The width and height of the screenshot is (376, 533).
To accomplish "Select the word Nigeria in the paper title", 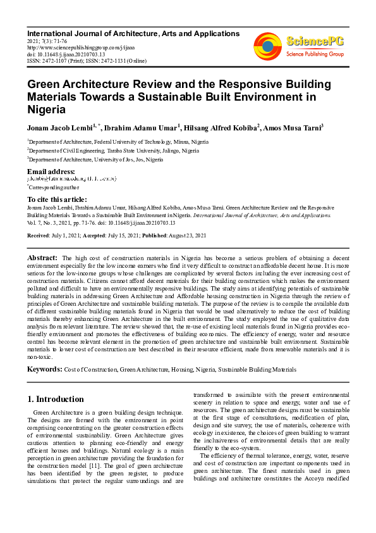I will [x=46, y=109].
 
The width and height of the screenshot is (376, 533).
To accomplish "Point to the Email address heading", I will [x=51, y=172].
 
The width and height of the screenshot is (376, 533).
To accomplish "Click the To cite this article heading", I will [x=57, y=199].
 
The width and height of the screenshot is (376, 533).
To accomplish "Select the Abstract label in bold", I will [x=42, y=258].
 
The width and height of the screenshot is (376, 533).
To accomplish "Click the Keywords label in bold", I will [x=44, y=368].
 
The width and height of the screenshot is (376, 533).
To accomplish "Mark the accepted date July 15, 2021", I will [x=118, y=235].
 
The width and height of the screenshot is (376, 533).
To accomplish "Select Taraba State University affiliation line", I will [x=114, y=151].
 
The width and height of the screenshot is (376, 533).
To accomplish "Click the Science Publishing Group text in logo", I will [x=314, y=54].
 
